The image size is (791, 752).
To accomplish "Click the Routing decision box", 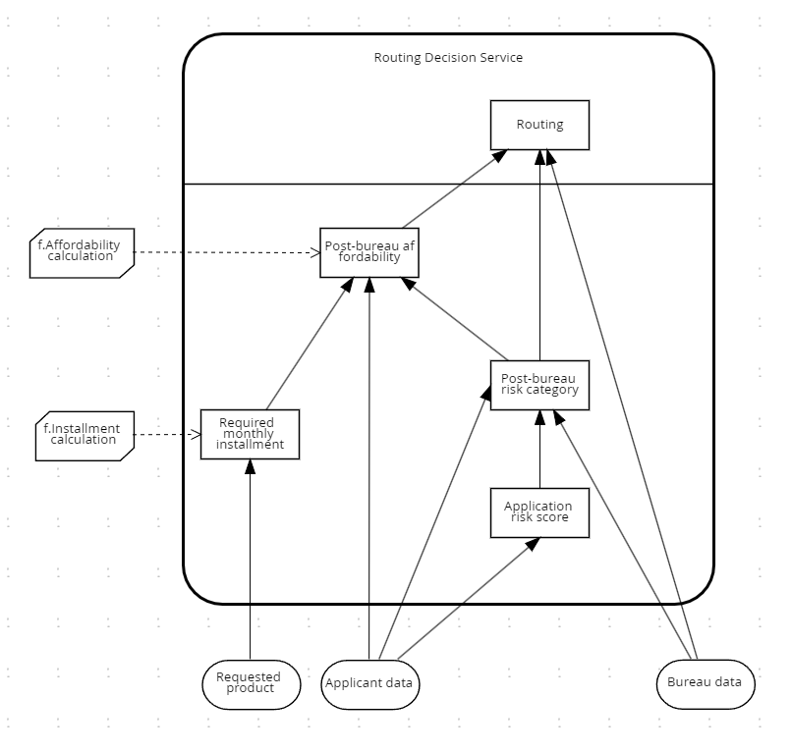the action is click(x=539, y=125).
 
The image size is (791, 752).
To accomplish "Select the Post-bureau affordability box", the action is click(x=369, y=252).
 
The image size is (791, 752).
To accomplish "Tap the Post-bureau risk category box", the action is click(x=539, y=385).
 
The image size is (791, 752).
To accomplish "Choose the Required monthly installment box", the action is click(x=250, y=435).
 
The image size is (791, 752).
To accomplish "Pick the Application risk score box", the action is click(x=539, y=512).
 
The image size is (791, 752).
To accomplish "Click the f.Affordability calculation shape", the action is click(x=82, y=253).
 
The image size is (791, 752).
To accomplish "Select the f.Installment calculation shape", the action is click(x=85, y=436).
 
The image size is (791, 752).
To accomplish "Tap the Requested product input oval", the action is click(x=252, y=684).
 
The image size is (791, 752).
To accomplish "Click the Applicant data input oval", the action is click(x=369, y=684).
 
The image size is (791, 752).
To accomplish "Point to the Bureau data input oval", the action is click(x=706, y=684).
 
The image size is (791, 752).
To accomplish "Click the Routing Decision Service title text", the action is click(x=448, y=58).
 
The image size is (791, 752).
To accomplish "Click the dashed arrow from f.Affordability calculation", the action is click(x=227, y=252).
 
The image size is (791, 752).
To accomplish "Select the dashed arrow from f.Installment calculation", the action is click(x=167, y=435).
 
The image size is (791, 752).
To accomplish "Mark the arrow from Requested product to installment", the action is click(x=250, y=560).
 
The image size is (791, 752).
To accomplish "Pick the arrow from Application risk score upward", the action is click(x=539, y=449).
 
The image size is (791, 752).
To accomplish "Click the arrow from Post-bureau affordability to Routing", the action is click(x=455, y=188).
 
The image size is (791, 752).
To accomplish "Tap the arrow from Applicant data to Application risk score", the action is click(x=469, y=598).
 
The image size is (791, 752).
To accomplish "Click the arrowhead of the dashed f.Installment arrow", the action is click(x=196, y=435).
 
